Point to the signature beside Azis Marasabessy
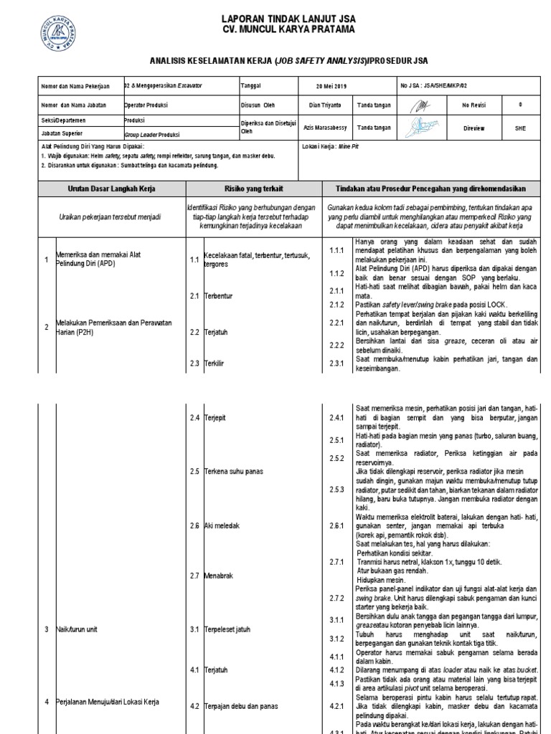pos(423,127)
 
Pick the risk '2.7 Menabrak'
pos(210,576)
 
